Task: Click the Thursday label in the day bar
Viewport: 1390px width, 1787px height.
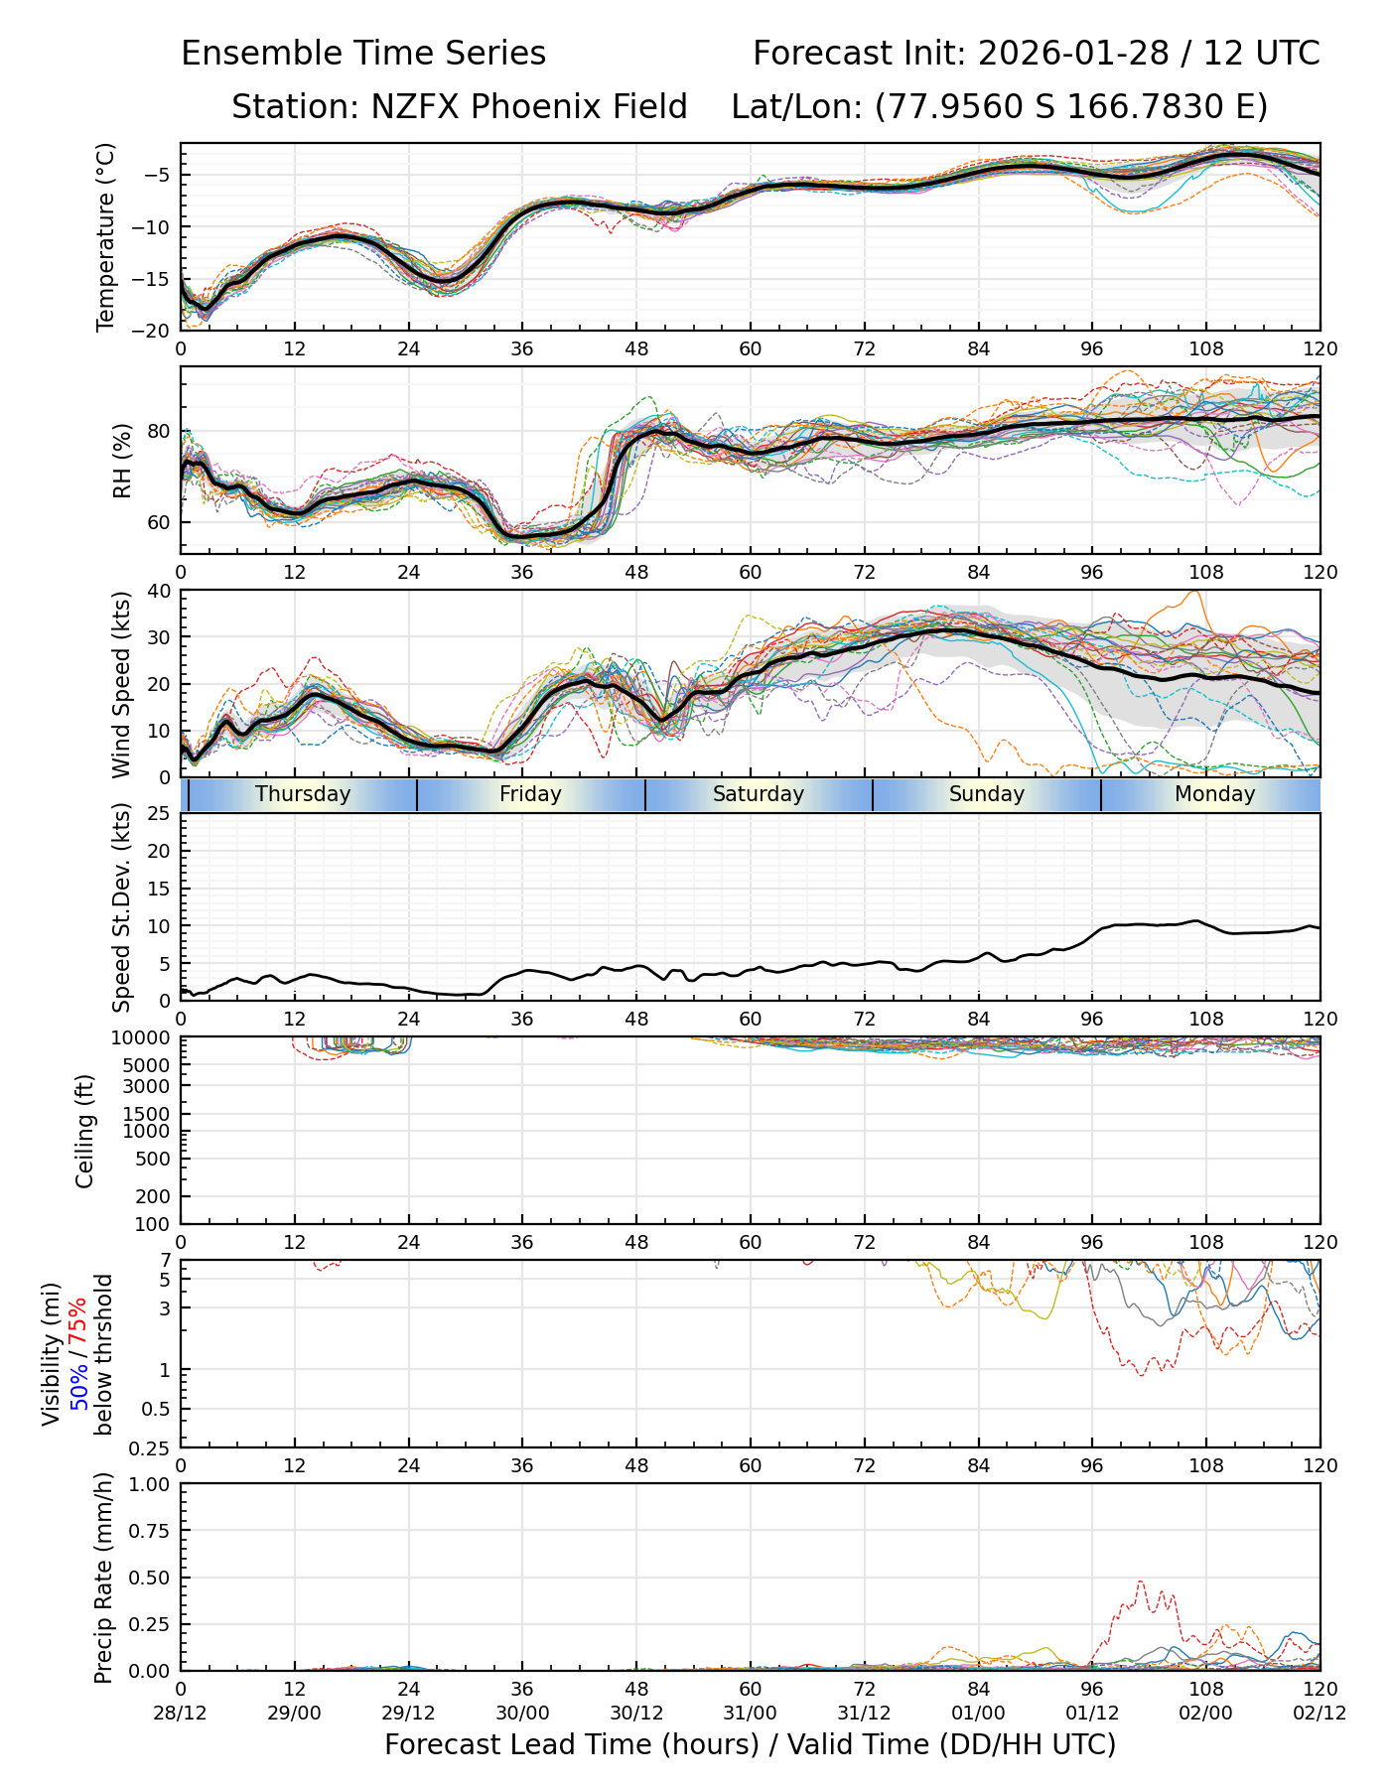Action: point(303,794)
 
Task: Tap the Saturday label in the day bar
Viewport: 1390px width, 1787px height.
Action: point(759,794)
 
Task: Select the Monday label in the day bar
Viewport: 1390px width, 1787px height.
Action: point(1214,794)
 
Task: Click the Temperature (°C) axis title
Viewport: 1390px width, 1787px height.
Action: point(106,236)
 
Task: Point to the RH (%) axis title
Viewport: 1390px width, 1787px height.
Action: point(122,461)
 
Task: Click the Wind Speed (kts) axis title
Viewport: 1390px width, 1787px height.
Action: point(122,684)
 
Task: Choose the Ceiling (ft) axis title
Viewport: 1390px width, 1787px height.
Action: point(86,1131)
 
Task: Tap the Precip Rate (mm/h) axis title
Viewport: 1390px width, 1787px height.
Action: point(104,1578)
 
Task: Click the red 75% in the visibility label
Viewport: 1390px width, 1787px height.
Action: point(78,1322)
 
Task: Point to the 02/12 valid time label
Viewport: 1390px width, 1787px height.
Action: point(1320,1714)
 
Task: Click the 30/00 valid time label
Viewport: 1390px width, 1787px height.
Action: point(522,1714)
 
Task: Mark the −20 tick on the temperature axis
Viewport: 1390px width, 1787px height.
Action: point(157,331)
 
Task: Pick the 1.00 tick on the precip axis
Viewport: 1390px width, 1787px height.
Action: point(148,1484)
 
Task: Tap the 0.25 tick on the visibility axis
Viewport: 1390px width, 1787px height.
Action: point(152,1447)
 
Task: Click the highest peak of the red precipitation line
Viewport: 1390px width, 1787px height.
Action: point(1140,1581)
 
